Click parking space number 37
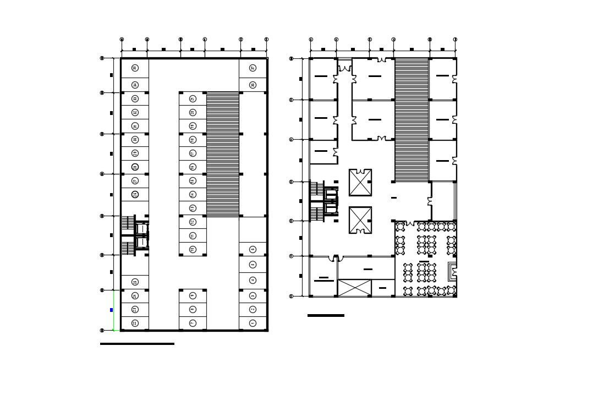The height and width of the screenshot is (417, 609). (253, 68)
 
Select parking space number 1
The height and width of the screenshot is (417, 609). (253, 323)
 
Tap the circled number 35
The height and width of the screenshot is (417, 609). (135, 68)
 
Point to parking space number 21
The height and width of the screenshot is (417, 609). (193, 99)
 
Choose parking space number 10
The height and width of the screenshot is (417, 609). (193, 249)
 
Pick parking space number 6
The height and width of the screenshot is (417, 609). (253, 249)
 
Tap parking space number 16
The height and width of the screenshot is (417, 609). (193, 167)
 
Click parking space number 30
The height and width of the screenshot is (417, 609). (135, 139)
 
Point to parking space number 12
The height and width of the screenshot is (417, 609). (193, 222)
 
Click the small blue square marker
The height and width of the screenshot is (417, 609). (111, 310)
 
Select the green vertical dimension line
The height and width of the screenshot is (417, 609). (113, 310)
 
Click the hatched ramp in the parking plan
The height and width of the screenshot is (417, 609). (223, 154)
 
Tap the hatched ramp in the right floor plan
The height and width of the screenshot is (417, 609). (412, 119)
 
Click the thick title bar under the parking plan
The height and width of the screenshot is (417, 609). (137, 344)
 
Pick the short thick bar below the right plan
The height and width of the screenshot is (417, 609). (326, 316)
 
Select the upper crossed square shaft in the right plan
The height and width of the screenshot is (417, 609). (360, 182)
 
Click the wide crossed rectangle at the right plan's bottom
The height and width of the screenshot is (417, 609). (354, 288)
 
